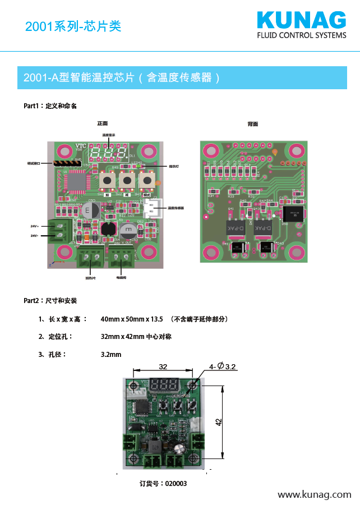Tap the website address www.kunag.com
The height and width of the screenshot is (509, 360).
click(x=315, y=494)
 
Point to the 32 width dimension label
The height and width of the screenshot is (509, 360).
click(x=163, y=367)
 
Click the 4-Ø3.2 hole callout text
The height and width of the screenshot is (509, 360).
click(x=223, y=366)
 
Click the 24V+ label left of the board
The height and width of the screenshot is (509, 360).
click(x=35, y=226)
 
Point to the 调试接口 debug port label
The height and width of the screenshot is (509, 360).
click(x=34, y=163)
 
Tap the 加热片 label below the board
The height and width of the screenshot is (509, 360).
click(x=90, y=278)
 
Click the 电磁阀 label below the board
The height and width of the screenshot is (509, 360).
click(x=121, y=278)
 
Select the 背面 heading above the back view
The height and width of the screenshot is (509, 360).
click(x=253, y=123)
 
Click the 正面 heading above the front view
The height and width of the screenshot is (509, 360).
click(x=102, y=123)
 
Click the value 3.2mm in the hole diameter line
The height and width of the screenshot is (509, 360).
click(x=111, y=355)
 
